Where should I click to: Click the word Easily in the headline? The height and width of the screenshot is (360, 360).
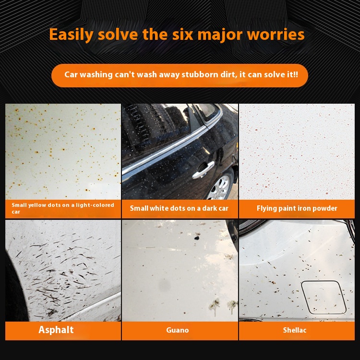[71, 35]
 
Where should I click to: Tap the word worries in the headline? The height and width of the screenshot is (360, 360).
[276, 35]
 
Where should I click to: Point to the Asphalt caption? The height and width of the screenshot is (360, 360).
[56, 330]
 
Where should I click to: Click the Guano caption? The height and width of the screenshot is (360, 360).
[178, 330]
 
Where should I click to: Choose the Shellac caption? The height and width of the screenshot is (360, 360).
[295, 330]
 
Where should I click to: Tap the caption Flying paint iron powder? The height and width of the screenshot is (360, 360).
[297, 208]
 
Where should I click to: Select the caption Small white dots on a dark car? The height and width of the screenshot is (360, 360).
[179, 208]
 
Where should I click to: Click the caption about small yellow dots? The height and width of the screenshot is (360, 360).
[63, 208]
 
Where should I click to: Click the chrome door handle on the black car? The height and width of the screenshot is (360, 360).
[203, 170]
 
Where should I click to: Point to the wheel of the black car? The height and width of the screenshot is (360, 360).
[220, 186]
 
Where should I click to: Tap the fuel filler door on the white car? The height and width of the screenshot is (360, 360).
[323, 297]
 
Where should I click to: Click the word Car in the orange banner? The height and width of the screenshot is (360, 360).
[71, 74]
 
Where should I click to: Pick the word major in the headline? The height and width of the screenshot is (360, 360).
[220, 35]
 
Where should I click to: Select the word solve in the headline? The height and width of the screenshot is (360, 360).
[118, 35]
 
